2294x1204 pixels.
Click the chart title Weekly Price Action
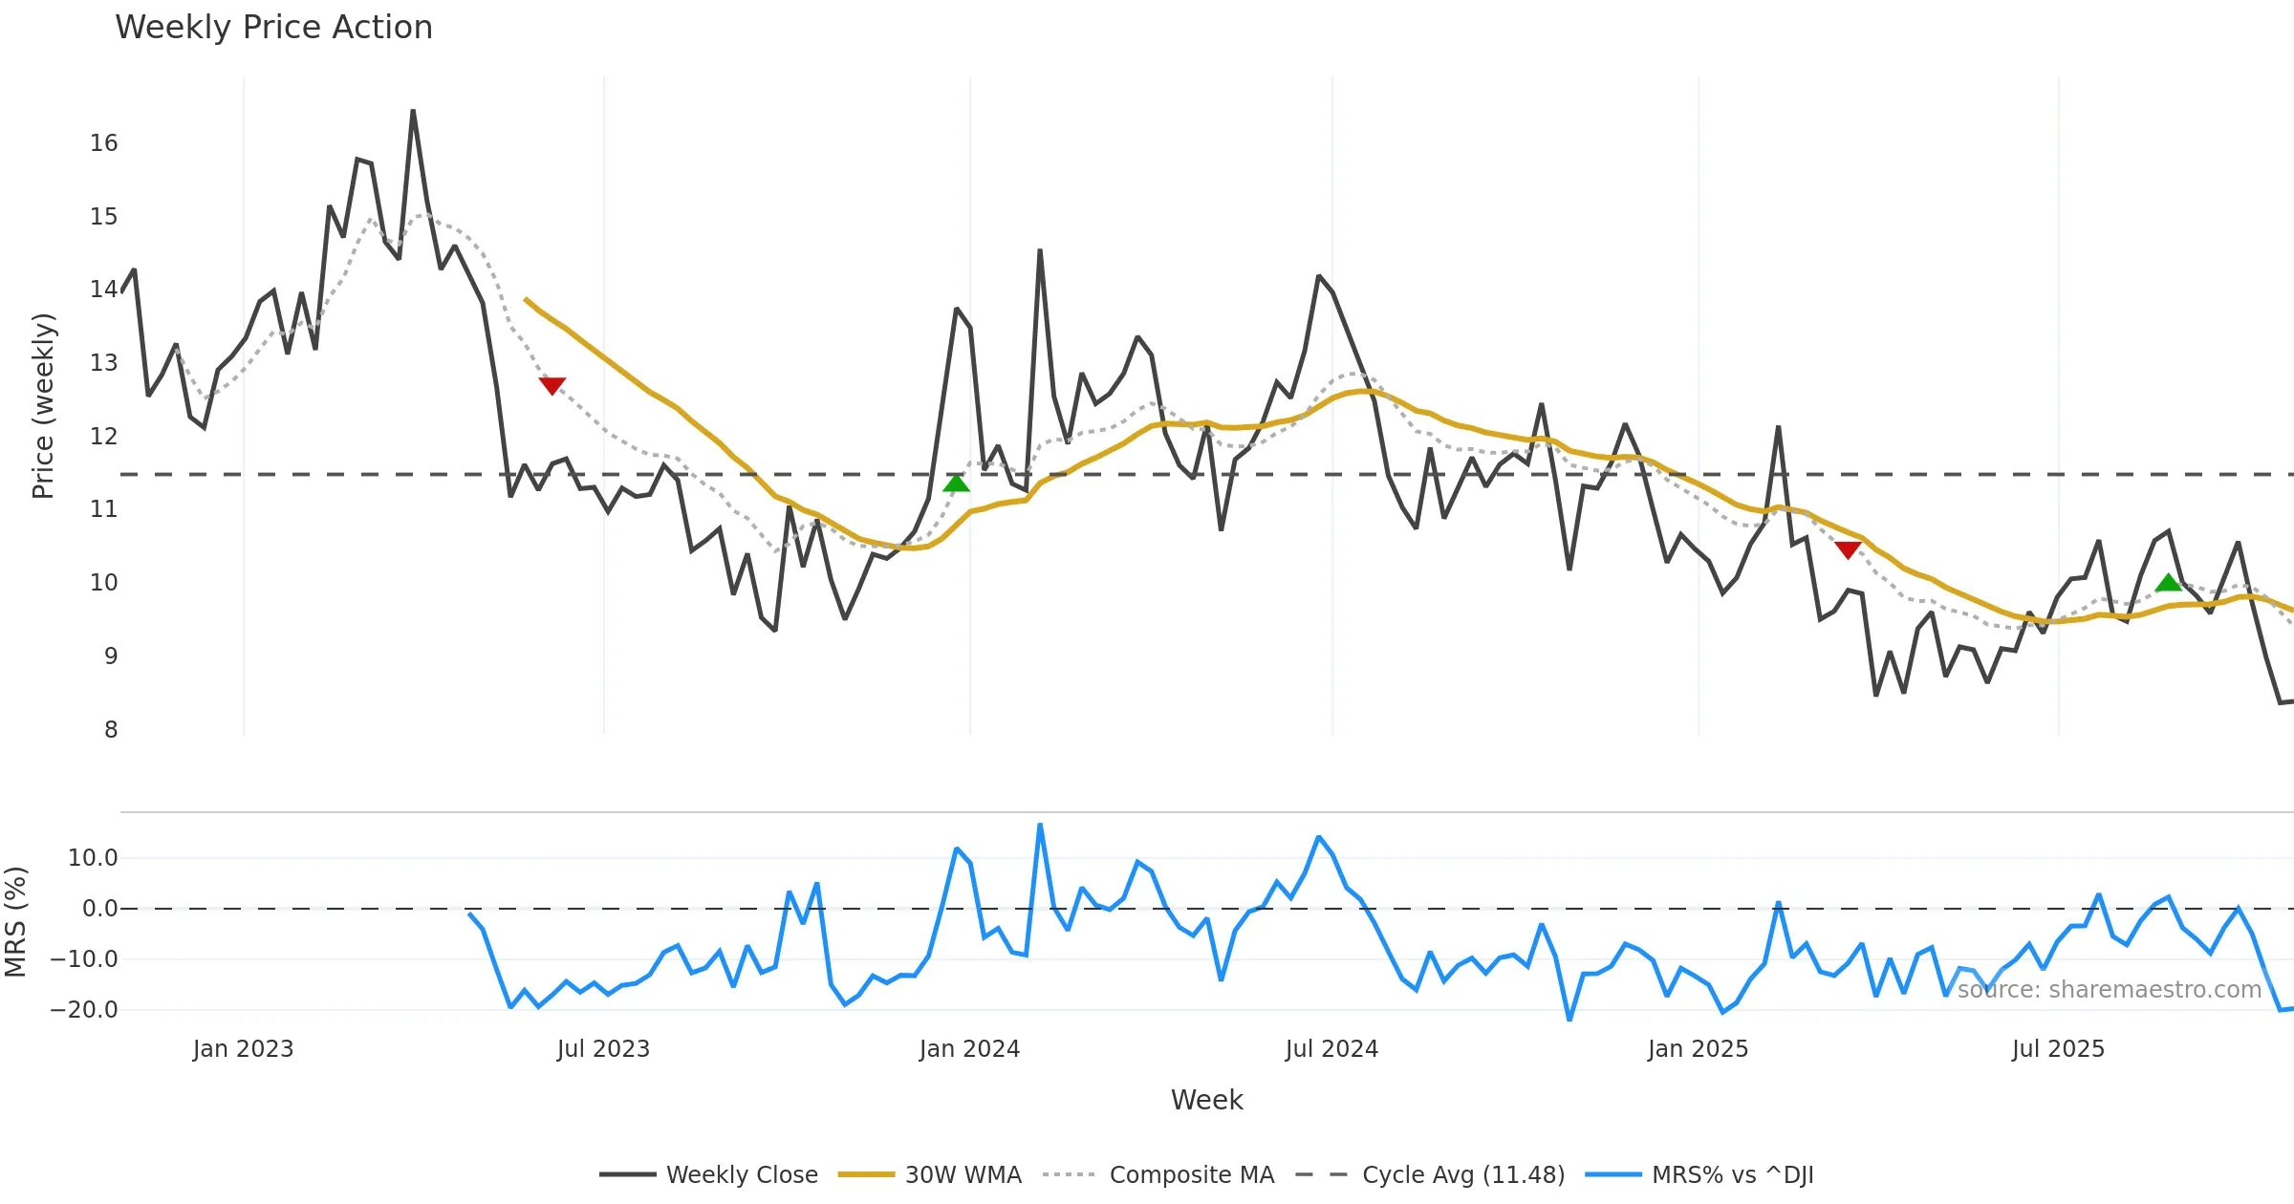coord(273,28)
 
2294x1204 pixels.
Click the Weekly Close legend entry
coord(741,1174)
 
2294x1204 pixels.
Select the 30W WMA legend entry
coord(963,1174)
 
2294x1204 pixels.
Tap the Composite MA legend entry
coord(1191,1174)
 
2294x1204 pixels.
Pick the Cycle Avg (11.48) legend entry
coord(1462,1174)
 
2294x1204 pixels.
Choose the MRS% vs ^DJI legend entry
coord(1732,1174)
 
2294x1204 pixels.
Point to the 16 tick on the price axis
coord(104,143)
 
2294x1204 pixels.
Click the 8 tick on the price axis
coord(111,730)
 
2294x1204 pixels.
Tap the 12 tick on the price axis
coord(104,437)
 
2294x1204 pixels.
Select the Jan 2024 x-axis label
coord(969,1049)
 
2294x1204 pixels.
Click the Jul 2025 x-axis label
coord(2058,1049)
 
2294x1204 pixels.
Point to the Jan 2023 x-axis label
coord(243,1049)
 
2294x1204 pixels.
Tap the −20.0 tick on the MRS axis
coord(85,1010)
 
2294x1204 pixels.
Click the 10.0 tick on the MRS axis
coord(93,858)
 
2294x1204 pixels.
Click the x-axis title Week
coord(1206,1101)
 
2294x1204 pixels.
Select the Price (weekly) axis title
coord(43,406)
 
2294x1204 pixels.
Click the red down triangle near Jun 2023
coord(552,385)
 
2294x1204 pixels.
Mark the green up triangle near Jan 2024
coord(956,484)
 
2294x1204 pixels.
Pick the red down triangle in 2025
coord(1848,549)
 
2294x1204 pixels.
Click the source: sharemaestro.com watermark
coord(2109,990)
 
